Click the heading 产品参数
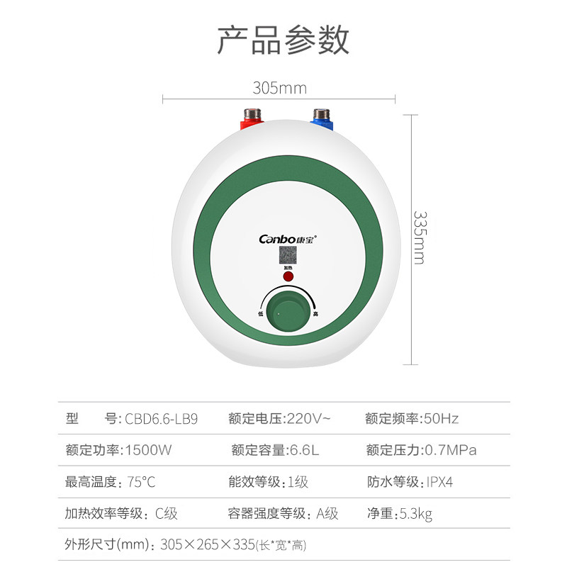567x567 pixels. [x=283, y=40]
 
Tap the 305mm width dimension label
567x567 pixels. [x=279, y=88]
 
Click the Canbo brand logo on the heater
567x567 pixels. [x=283, y=239]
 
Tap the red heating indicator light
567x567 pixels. [x=288, y=274]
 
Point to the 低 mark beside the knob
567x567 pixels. [x=261, y=313]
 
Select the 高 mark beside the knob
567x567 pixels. [x=315, y=313]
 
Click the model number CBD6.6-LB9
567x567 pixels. [x=162, y=418]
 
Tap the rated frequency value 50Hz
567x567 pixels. [x=441, y=418]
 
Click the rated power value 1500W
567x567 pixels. [x=149, y=450]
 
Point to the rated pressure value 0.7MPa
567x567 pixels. [x=451, y=450]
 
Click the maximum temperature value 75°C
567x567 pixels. [x=142, y=482]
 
